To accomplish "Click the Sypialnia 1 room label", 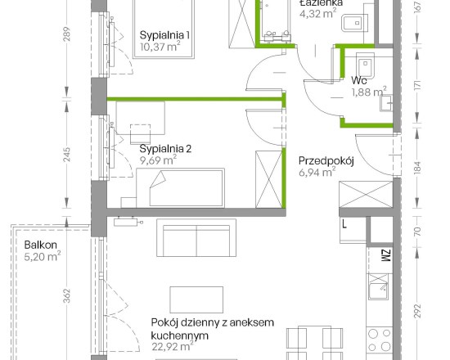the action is [x=164, y=35].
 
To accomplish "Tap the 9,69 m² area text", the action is [x=158, y=160].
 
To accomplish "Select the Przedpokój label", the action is [x=326, y=161].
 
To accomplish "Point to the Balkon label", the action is [x=40, y=245].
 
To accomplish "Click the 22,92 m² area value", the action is [x=173, y=346].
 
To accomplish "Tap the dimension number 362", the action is [x=66, y=295].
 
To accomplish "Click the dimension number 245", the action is [x=66, y=155].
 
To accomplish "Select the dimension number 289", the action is [x=66, y=34].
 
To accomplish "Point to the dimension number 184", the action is [x=418, y=168].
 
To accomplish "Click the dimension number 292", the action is [x=418, y=311].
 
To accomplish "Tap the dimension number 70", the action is [x=418, y=231].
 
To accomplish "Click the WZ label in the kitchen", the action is [x=386, y=255].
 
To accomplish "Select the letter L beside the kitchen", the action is [x=344, y=223].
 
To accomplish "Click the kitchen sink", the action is [x=379, y=286].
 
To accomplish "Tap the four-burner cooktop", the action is [x=380, y=340].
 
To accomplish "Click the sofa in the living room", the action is [x=196, y=238].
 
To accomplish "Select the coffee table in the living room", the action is [x=196, y=299].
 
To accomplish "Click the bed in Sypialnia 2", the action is [x=180, y=187].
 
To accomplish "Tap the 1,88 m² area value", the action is [x=369, y=92].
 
